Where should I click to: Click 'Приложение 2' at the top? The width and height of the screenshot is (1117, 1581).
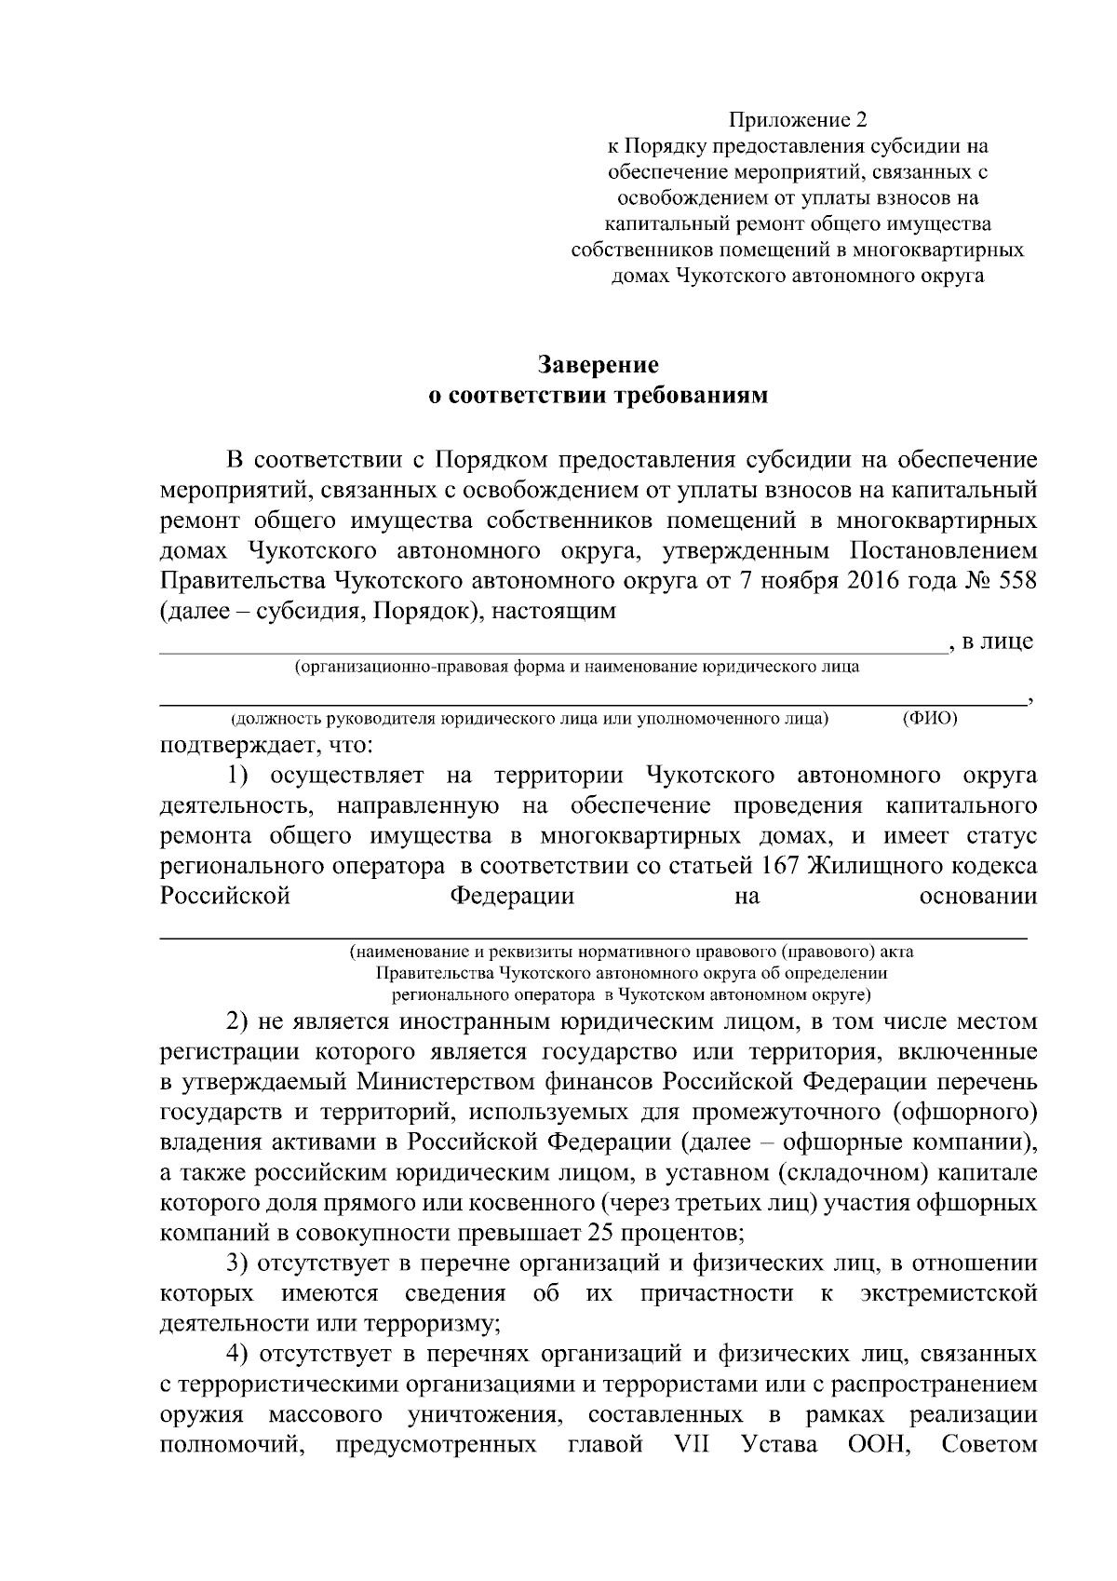[x=797, y=120]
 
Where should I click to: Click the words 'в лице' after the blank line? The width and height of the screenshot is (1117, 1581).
[x=998, y=642]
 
